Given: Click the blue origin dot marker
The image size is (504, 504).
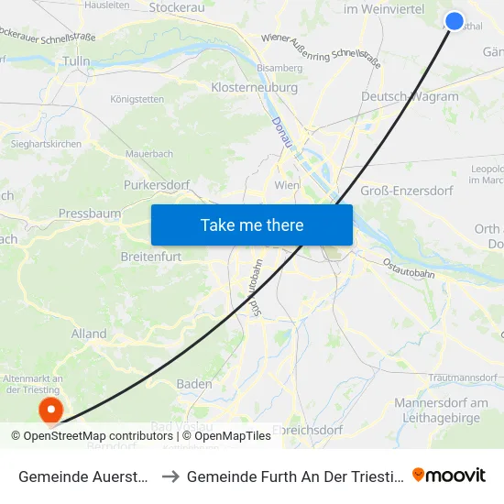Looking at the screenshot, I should point(454,21).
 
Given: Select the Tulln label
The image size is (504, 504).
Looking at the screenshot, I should point(75,61).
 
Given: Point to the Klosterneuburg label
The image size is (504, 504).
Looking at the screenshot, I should point(255,87).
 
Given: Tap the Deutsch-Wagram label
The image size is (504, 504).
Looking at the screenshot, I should point(410,97).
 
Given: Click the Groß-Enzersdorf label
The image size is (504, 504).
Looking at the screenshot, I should point(408,190).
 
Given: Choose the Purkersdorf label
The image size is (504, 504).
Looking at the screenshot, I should point(156,184).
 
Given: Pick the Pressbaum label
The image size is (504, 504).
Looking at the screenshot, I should point(90,213).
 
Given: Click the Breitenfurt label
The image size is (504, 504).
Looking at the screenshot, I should point(154,257).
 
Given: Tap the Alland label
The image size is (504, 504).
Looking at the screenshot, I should point(89,334).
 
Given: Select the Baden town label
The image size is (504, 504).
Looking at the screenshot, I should point(193,384).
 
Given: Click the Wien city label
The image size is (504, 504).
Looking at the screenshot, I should point(287,185).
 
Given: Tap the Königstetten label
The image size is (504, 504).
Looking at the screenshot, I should point(137,99).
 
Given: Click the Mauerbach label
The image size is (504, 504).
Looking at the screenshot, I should point(149,154).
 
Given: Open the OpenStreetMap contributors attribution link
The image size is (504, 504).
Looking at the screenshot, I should point(97,436).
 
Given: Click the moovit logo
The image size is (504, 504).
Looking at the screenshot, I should point(449,476).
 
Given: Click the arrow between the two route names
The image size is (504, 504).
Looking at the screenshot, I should point(171,477).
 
